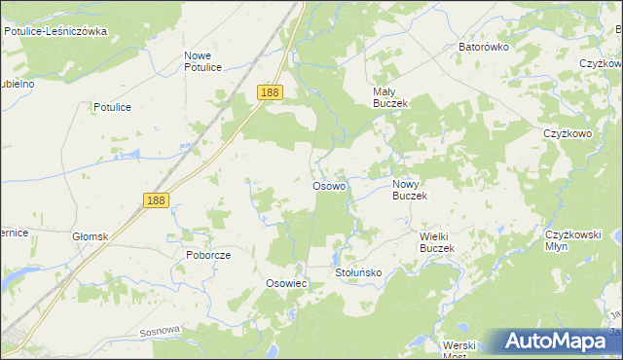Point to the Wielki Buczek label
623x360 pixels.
point(423,242)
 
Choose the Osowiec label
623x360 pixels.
point(286,282)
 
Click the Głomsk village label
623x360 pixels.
point(90,236)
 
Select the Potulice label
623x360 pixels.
point(112,107)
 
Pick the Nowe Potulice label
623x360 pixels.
point(203,61)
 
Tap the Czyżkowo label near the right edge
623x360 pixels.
point(568,134)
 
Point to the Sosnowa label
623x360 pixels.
point(160,331)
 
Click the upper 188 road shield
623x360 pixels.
point(271,92)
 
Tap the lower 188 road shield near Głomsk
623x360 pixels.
point(156,199)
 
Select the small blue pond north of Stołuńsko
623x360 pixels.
point(336,257)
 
